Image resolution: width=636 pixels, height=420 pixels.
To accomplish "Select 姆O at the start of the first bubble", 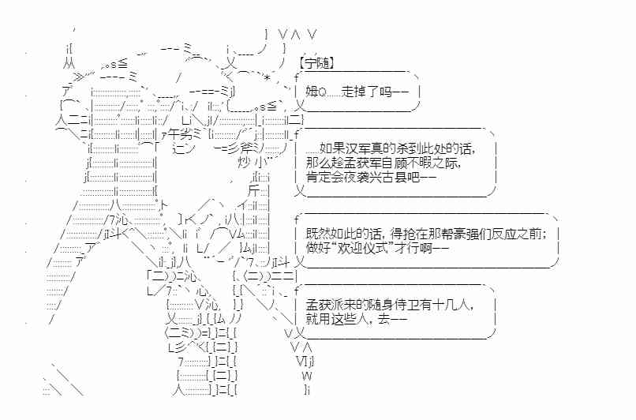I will [315, 92].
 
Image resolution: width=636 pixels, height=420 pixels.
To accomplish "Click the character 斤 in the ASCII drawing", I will [253, 191].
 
